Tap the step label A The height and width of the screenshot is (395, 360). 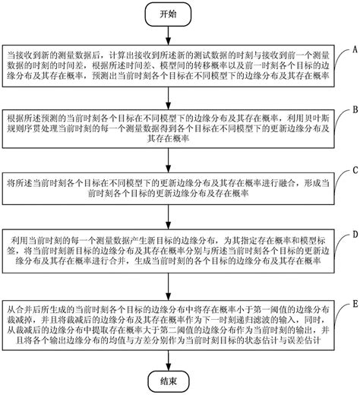(x=353, y=47)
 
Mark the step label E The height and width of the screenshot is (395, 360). (x=353, y=304)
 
